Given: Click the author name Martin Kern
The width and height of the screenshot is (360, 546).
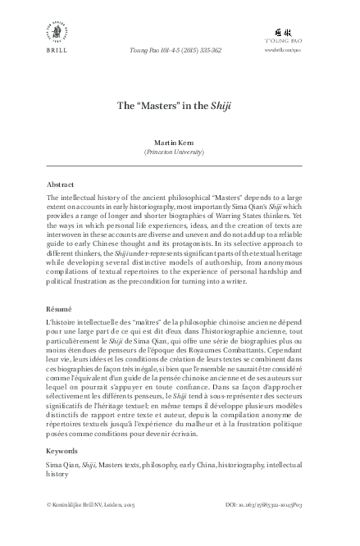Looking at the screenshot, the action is [x=180, y=142].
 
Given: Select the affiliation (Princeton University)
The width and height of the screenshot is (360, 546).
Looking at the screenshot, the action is [x=180, y=152].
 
